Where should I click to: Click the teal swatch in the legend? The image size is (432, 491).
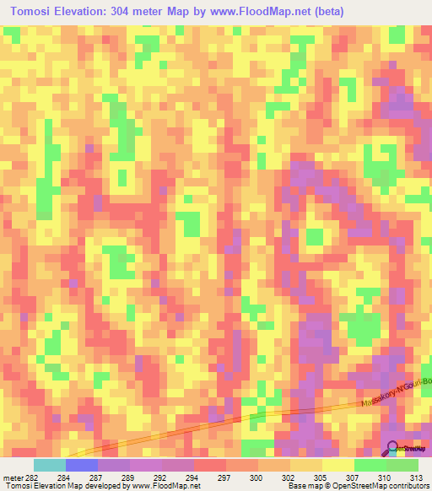click(x=50, y=466)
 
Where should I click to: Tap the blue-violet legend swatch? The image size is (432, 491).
click(x=82, y=466)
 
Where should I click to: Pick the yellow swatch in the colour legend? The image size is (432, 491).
click(x=338, y=466)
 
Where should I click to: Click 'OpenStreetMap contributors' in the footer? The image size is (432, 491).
click(x=379, y=487)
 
